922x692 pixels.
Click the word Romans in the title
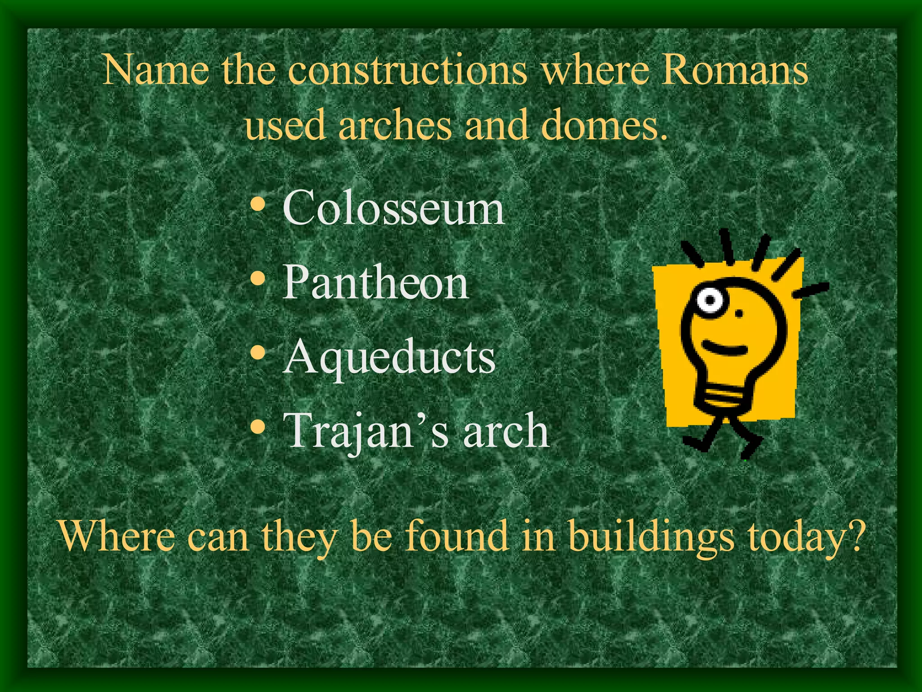[734, 71]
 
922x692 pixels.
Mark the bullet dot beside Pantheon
[258, 279]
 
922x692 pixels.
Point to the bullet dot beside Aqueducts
[258, 353]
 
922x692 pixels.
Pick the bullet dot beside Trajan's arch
[258, 426]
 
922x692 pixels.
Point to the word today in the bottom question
[797, 537]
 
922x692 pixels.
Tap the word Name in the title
[156, 71]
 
